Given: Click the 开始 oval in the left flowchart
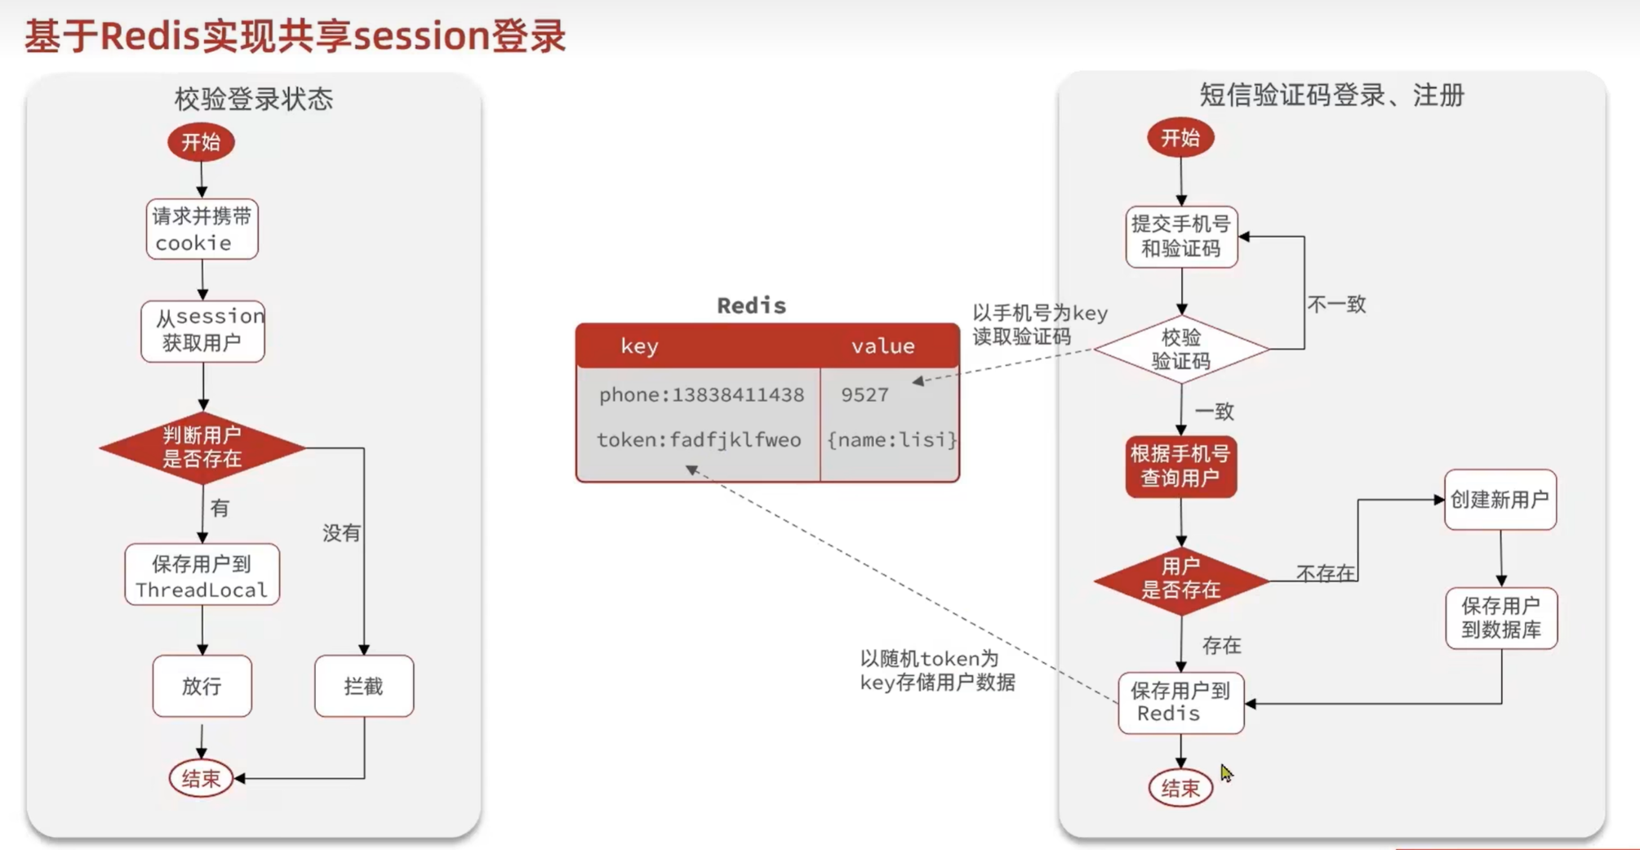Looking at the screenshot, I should point(201,142).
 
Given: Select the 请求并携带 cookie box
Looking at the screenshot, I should point(202,229).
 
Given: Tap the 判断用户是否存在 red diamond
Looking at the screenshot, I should point(202,447).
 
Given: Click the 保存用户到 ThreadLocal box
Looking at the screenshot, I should point(202,576).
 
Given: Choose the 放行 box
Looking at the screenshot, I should point(202,686).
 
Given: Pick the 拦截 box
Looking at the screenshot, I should point(364,686).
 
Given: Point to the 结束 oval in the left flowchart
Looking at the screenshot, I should point(201,778).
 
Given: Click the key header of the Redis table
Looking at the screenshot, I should point(639,346).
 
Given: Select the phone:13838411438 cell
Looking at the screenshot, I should point(701,395).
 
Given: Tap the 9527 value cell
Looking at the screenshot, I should point(864,395).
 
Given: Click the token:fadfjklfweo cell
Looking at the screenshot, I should point(699,440).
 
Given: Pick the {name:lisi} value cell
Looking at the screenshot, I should point(891,440).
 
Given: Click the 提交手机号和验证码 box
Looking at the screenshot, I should point(1181,237).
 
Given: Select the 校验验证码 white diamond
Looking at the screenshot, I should point(1181,349).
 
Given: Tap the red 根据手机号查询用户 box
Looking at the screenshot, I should point(1181,466).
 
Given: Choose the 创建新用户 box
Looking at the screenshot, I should point(1500,500).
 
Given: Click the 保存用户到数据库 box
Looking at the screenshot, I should point(1501,618).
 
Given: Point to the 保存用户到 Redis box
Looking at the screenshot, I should point(1181,702).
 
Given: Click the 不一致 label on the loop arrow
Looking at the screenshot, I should point(1336,305).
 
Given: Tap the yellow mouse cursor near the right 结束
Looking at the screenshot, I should point(1226,772).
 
